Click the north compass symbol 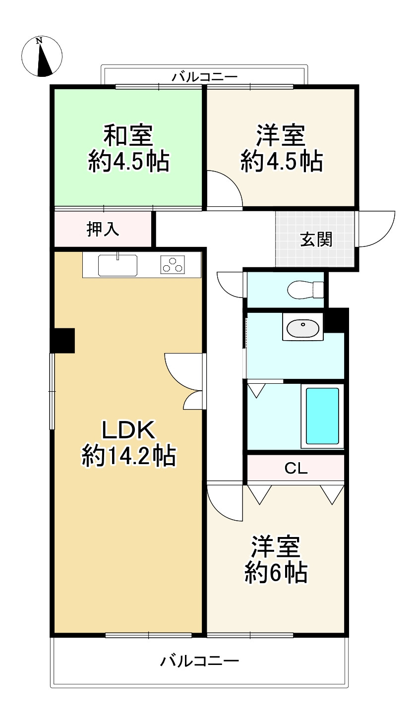(43, 57)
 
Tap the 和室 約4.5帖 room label (129, 148)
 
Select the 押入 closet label (103, 229)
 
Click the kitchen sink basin (118, 265)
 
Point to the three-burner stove (173, 265)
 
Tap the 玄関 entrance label (316, 240)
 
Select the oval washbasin (302, 328)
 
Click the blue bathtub (322, 416)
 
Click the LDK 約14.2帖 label (129, 443)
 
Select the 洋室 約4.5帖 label (281, 148)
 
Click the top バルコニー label (205, 77)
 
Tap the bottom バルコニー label (200, 660)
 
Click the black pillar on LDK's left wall (63, 341)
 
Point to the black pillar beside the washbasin (336, 320)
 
